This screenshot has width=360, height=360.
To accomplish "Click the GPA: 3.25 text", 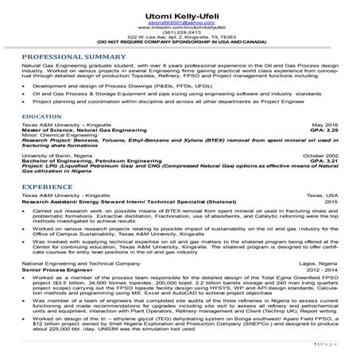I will tap(321, 131).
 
